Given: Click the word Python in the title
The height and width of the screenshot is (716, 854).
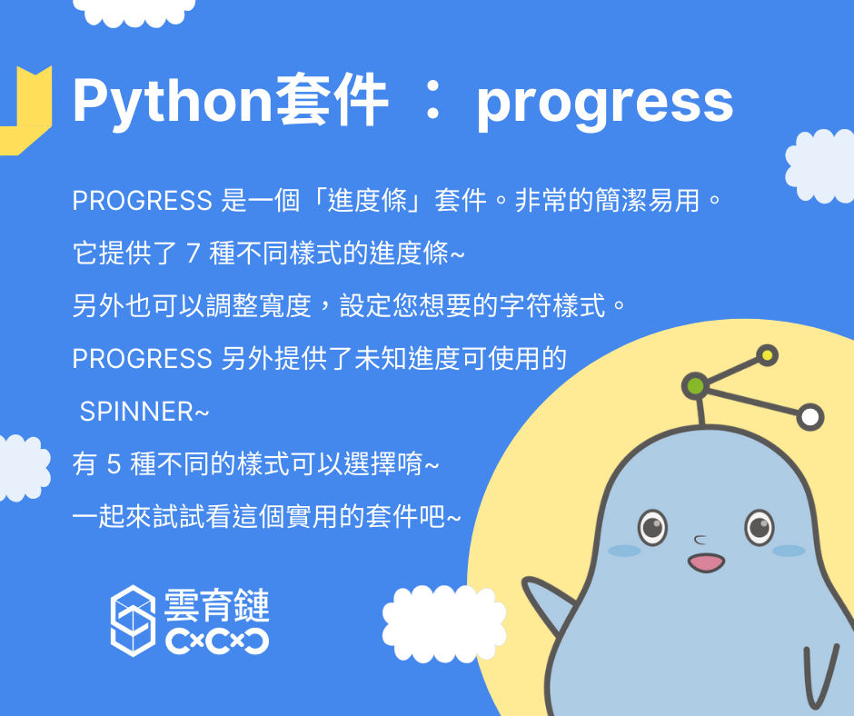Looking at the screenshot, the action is [x=172, y=102].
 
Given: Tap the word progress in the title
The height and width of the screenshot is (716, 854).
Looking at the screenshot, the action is [x=604, y=104].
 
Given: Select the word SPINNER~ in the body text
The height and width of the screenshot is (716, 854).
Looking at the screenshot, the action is [x=144, y=412].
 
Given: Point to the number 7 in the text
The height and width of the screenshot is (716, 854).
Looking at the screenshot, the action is [x=193, y=254].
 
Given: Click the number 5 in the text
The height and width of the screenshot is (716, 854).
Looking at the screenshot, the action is [x=114, y=464].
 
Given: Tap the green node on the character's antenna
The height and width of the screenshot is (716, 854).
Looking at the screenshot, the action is [x=696, y=386].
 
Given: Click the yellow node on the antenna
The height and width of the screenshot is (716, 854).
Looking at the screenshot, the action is [x=768, y=356].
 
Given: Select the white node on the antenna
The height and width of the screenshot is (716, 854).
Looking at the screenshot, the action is [x=810, y=417].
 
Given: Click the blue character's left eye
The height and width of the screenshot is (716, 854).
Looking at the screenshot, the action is [x=652, y=527].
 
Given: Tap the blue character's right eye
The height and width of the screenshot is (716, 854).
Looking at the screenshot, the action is [x=760, y=527].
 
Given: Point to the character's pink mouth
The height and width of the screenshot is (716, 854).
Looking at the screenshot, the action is [x=707, y=562].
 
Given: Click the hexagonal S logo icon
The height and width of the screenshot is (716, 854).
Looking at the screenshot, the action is [x=133, y=621].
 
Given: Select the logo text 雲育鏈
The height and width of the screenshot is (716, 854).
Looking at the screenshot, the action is [x=217, y=605].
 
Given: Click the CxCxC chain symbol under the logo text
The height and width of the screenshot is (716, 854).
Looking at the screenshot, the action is [x=217, y=641].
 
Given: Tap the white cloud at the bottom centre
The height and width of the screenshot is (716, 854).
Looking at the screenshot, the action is [x=444, y=624].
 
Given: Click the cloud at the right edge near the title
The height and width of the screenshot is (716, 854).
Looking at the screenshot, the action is [x=819, y=166].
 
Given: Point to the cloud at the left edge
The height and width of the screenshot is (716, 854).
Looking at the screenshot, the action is [x=24, y=468].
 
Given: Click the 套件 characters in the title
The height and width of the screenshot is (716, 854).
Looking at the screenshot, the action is [x=333, y=102].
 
